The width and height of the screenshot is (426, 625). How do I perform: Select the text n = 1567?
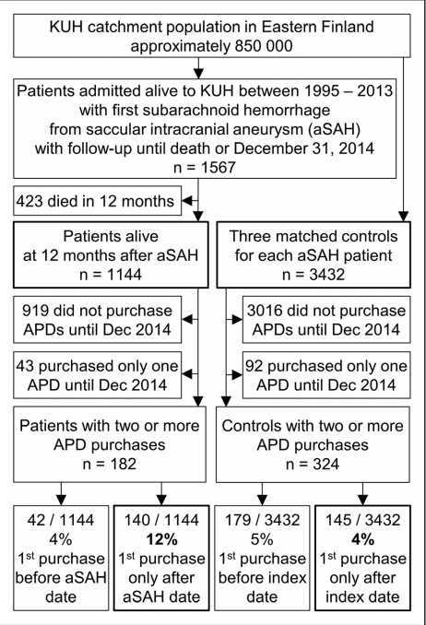point(205,168)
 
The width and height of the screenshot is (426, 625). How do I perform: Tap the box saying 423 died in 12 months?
point(98,201)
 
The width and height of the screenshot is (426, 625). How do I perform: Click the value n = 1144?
point(111,275)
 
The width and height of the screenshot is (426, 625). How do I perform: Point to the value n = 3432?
point(314,275)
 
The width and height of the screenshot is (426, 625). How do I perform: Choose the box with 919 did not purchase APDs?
point(98,320)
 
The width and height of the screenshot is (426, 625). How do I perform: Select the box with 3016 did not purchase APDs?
point(326,320)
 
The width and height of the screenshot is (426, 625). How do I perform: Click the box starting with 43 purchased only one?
point(98,375)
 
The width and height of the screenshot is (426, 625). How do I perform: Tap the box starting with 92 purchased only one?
point(326,375)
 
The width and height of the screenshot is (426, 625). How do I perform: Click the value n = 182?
point(110,464)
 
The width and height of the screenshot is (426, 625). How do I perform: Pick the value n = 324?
point(313,464)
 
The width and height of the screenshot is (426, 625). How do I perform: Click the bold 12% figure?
point(161,539)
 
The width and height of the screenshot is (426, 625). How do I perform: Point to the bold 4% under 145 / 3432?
point(362,539)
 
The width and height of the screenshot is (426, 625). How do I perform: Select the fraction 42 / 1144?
point(61,520)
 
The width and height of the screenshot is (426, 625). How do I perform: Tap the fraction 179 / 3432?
point(262,520)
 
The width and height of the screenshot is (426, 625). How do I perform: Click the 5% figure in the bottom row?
point(262,539)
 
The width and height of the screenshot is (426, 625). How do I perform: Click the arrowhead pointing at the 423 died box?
point(186,201)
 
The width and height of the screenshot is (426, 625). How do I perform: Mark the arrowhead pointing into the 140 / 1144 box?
point(161,500)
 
